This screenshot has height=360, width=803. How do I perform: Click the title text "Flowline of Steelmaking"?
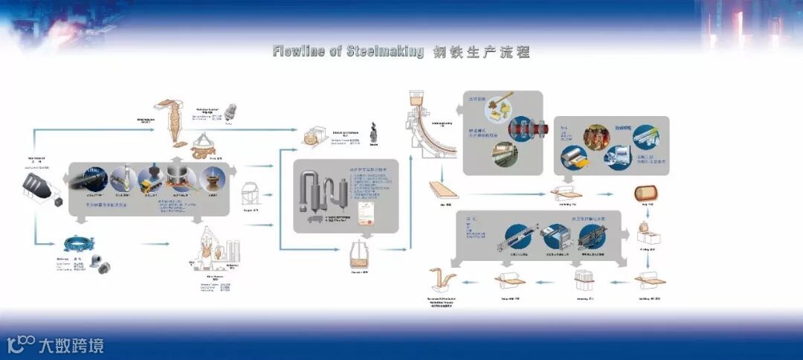tap(348, 52)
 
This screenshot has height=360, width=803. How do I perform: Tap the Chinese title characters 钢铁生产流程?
tap(481, 52)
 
